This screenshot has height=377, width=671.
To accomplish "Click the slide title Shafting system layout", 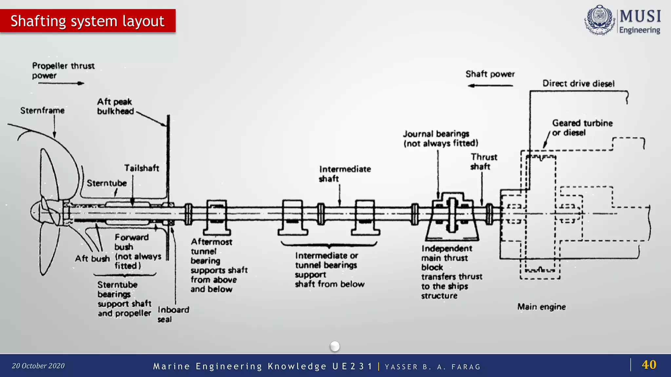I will click(x=87, y=21).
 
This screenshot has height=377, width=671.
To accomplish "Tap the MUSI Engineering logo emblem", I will click(x=599, y=20).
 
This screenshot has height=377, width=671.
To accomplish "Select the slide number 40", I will click(x=649, y=365).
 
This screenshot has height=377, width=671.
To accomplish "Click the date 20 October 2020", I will click(x=38, y=366).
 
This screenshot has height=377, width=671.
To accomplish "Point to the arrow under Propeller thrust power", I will click(x=61, y=83).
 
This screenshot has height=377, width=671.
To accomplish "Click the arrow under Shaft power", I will click(x=490, y=86).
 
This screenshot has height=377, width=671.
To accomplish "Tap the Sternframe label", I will click(x=42, y=111).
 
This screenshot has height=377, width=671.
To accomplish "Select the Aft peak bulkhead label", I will click(x=115, y=106).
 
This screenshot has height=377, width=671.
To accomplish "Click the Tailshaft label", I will click(x=142, y=168).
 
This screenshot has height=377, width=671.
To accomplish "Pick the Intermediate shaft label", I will click(x=345, y=174).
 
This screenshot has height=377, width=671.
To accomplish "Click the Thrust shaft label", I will click(x=484, y=162).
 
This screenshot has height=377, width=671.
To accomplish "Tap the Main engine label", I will click(x=541, y=307).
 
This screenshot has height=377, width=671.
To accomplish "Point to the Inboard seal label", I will click(x=173, y=314).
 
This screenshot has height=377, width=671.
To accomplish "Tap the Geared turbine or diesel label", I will click(x=582, y=128).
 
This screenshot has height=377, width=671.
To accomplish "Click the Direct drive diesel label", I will click(x=578, y=83).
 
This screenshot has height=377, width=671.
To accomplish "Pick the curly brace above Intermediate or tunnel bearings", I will click(x=329, y=244).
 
